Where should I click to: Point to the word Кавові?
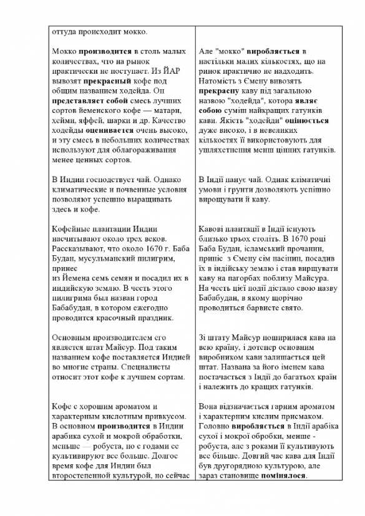coord(212,228)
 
